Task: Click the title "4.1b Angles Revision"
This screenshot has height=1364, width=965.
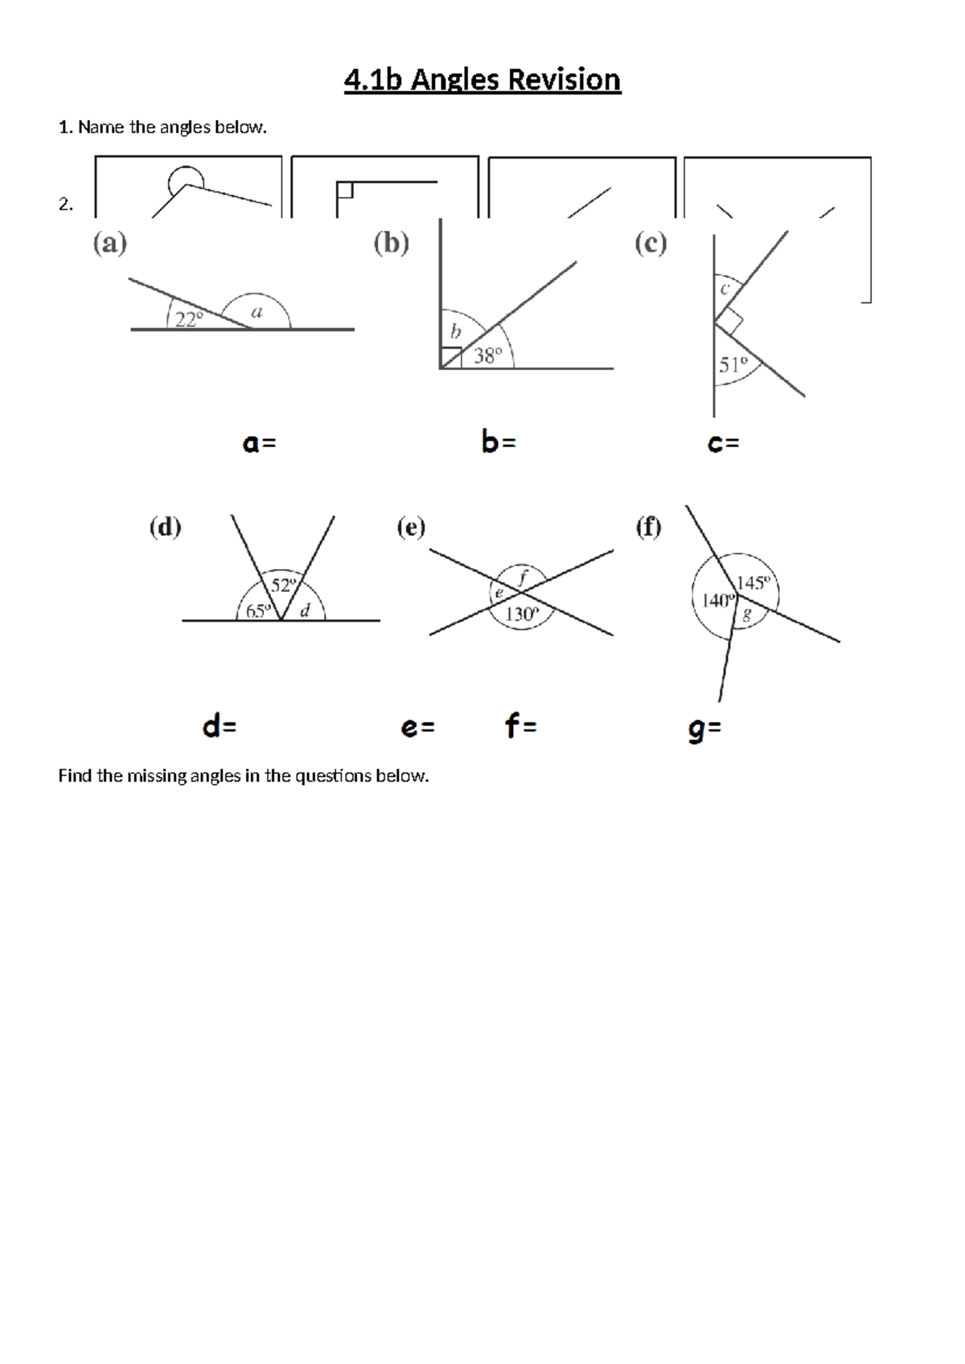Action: [482, 80]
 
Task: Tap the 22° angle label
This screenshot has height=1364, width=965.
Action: [190, 319]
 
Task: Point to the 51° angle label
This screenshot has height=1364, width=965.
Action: [733, 365]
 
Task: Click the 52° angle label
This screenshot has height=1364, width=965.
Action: [284, 585]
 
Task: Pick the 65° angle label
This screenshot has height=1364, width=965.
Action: [258, 611]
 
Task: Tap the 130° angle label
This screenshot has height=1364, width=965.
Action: [521, 614]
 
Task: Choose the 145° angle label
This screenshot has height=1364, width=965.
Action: [754, 583]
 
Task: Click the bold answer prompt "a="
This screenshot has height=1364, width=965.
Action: [259, 442]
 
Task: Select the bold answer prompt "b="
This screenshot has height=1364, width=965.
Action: [499, 442]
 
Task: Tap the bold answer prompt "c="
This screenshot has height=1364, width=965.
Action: [723, 442]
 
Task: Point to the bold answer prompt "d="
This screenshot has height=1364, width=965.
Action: [220, 727]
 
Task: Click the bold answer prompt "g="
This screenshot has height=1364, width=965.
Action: [704, 729]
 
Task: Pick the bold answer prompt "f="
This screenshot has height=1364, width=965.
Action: [520, 727]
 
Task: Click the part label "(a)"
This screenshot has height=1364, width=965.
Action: [110, 243]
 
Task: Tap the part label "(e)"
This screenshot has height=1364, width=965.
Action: [411, 528]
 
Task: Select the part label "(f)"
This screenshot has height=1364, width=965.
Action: [648, 528]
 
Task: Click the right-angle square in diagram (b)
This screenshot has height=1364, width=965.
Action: [451, 358]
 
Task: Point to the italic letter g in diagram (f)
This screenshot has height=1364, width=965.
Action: [746, 617]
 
